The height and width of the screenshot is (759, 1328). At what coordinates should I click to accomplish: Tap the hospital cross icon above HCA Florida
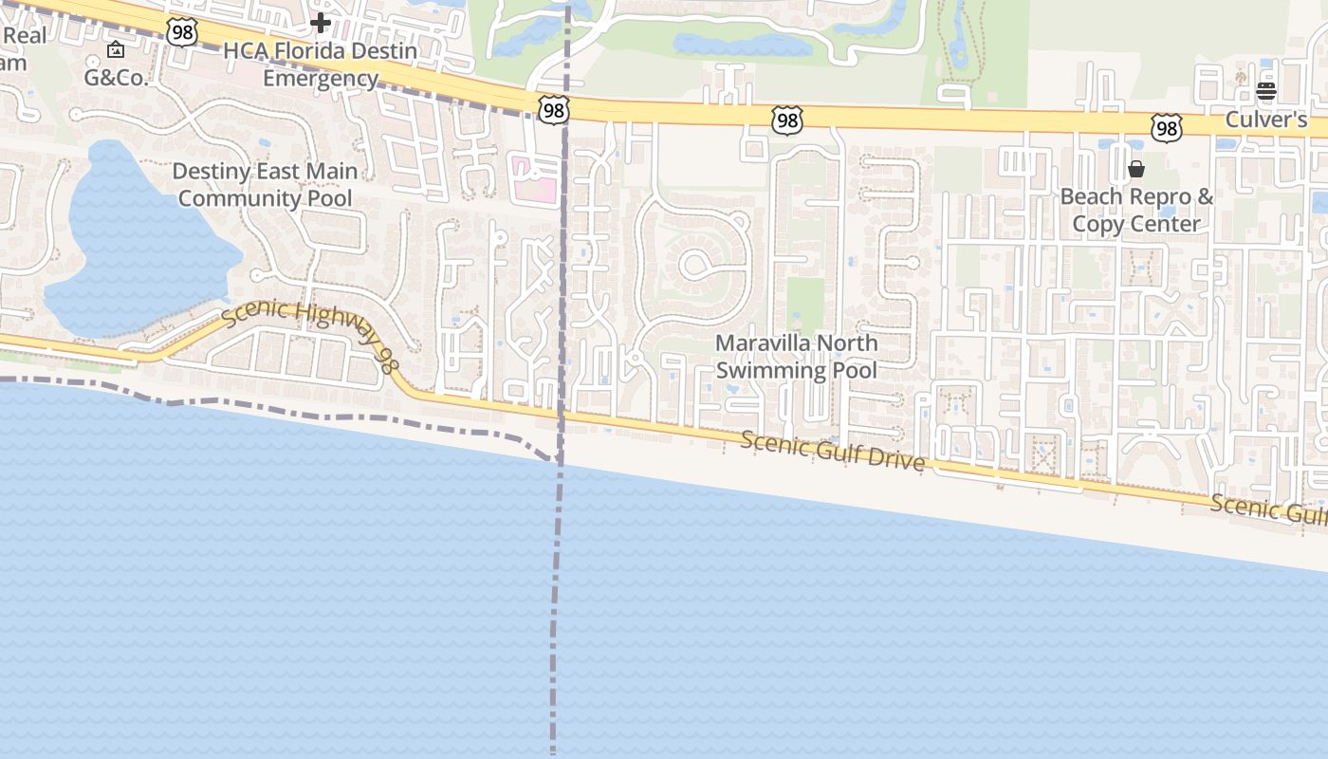click(321, 22)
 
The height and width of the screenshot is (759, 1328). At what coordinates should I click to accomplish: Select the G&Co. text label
click(117, 78)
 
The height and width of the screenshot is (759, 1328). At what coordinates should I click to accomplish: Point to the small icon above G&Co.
click(116, 49)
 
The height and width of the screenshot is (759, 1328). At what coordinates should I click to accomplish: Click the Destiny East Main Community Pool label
click(265, 185)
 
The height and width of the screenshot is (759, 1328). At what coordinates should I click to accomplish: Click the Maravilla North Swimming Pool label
click(797, 356)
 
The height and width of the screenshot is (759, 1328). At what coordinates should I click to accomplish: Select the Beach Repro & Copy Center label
click(1136, 210)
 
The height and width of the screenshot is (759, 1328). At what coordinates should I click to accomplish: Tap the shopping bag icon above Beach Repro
click(1135, 170)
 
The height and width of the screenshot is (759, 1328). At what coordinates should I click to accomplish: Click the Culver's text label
click(1265, 120)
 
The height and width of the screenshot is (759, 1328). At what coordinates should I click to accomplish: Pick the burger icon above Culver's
click(1266, 91)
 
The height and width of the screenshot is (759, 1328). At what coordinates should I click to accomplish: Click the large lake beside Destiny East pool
click(133, 247)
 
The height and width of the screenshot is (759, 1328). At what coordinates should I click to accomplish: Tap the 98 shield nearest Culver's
click(1167, 128)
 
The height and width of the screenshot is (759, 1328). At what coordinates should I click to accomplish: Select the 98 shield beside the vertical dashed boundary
click(552, 110)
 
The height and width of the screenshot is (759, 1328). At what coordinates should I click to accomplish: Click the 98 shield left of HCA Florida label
click(181, 32)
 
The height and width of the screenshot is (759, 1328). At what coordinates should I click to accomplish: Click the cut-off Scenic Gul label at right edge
click(1268, 509)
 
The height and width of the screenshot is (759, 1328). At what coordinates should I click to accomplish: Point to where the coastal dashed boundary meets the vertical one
click(560, 461)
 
